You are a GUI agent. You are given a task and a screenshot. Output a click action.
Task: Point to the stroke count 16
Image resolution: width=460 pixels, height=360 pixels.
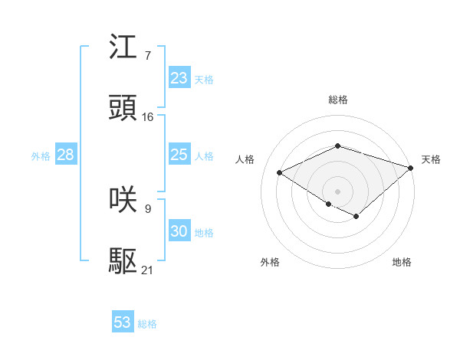point(148,117)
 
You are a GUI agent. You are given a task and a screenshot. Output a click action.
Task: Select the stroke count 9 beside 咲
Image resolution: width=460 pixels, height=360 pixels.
point(147,208)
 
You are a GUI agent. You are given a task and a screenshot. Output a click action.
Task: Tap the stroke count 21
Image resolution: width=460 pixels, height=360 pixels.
point(148,270)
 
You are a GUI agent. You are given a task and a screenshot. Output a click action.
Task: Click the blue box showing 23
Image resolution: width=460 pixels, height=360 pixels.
point(179,78)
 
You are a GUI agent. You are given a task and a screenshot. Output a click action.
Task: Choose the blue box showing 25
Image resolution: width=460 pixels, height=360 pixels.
point(179,155)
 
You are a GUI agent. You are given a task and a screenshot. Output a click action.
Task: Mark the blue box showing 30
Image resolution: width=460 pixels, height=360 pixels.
point(179,231)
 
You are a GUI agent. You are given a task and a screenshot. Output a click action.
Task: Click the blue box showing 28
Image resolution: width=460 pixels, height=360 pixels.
point(65,155)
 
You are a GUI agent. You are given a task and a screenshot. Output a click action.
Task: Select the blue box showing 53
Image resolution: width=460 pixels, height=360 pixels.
point(123,322)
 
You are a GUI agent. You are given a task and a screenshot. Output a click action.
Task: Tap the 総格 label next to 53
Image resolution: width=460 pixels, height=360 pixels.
point(147,324)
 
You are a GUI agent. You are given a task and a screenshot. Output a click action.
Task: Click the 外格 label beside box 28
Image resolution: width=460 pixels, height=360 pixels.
point(41,156)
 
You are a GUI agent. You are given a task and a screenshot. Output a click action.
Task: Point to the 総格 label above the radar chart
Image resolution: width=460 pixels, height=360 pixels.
point(337,100)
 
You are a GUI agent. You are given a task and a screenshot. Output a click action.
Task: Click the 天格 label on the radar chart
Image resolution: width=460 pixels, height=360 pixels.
point(431,159)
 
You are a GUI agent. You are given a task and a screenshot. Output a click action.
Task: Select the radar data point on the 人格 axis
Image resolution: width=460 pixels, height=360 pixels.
point(280,172)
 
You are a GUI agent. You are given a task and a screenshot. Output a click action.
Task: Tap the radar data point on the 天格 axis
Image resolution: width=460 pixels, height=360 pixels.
point(411,166)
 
